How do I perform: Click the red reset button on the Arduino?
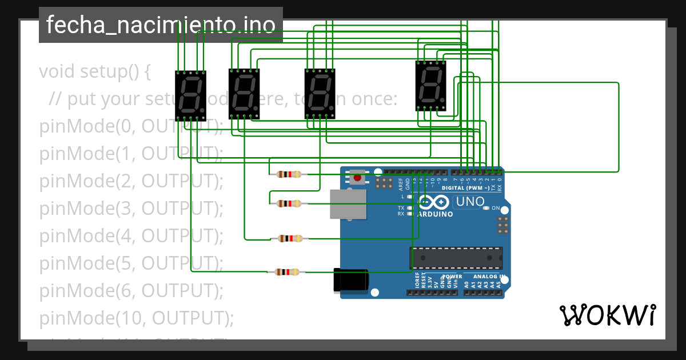357,178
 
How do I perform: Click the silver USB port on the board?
348,204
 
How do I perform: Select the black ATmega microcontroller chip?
456,258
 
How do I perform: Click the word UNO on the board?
471,202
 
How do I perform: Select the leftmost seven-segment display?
190,95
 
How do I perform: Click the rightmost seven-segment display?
431,85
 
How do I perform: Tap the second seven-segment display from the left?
245,94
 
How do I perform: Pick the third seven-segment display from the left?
320,94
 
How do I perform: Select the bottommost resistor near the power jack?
287,272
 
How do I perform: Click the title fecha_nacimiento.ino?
161,25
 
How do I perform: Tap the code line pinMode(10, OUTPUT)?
137,318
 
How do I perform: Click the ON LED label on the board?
495,208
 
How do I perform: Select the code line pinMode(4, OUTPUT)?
131,235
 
